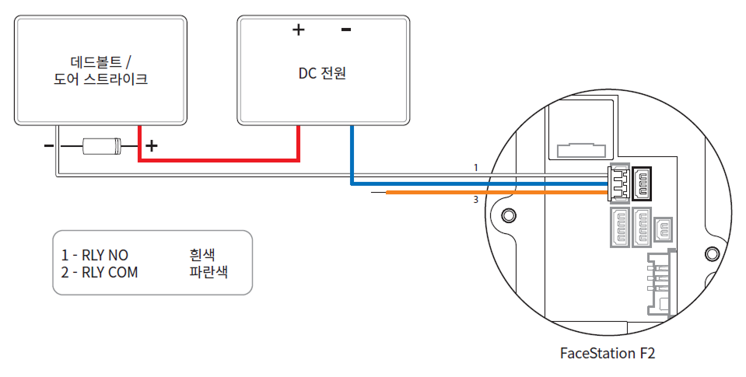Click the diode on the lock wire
pos(102,145)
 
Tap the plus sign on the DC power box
pos(298,30)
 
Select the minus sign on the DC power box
pos(346,30)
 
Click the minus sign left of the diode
pos(48,145)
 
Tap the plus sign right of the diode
pos(152,145)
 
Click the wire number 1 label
pos(475,167)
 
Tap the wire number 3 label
pos(475,201)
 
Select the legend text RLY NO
pos(95,255)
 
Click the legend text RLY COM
pos(100,273)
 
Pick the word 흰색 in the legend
pos(202,255)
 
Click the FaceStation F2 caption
pos(608,353)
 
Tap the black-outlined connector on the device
pos(643,183)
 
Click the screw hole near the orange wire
pos(509,215)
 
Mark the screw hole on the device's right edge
pos(711,253)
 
